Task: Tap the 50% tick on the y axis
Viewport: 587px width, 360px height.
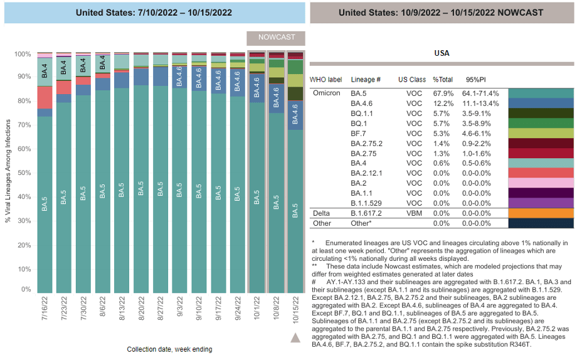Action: pyautogui.click(x=23, y=172)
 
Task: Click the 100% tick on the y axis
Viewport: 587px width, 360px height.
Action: pyautogui.click(x=22, y=55)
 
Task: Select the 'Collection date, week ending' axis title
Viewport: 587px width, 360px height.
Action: pyautogui.click(x=169, y=349)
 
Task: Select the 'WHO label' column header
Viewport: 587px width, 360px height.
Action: pyautogui.click(x=326, y=80)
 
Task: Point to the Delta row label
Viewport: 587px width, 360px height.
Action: pyautogui.click(x=321, y=213)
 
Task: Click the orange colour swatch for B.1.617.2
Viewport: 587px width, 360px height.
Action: pyautogui.click(x=541, y=213)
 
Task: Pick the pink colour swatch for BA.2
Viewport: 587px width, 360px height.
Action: pyautogui.click(x=541, y=183)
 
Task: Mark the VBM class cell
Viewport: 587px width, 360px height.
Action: pyautogui.click(x=414, y=213)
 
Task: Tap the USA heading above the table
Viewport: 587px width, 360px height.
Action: pyautogui.click(x=442, y=53)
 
